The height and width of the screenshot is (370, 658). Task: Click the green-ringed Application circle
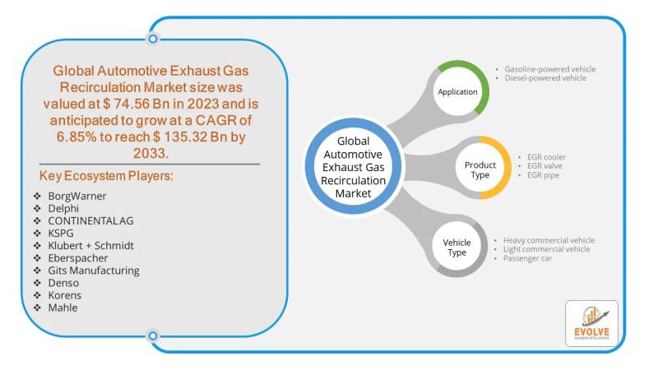(x=458, y=91)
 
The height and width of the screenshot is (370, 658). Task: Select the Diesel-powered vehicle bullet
(x=546, y=78)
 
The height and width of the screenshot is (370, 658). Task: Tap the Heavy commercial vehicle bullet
(x=549, y=240)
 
